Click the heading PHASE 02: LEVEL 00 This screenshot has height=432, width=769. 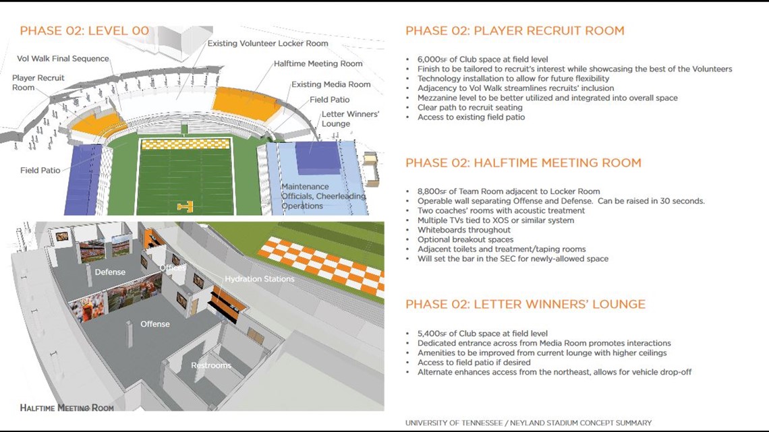(84, 31)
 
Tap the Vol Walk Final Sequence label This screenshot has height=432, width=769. (63, 59)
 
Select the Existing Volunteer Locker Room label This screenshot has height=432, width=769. (267, 44)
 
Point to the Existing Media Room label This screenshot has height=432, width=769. (331, 84)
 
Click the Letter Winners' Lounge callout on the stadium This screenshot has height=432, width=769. (349, 119)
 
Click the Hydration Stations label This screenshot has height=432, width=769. (259, 279)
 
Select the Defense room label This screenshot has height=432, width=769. (109, 272)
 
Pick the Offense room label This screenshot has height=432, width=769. (154, 324)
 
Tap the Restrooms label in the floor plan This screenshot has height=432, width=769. (210, 365)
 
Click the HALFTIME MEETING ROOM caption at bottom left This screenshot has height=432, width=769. (66, 408)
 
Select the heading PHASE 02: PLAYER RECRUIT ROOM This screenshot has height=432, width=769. (515, 31)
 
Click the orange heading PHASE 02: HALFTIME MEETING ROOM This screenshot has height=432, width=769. (523, 163)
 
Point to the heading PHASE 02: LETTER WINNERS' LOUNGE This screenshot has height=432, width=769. (525, 305)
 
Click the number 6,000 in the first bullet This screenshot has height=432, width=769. (429, 59)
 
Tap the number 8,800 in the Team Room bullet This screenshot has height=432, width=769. (429, 191)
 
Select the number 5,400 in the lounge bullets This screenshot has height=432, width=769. (429, 334)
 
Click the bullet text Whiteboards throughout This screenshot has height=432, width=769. (463, 230)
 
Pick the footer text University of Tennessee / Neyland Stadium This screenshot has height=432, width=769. (528, 423)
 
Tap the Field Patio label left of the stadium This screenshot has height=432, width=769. (40, 171)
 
